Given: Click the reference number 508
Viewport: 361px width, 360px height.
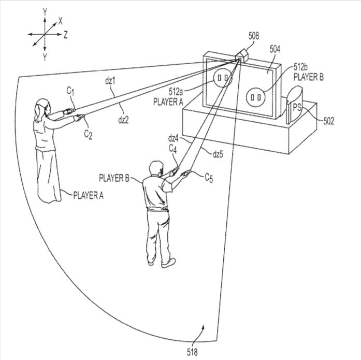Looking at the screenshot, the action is [x=253, y=36].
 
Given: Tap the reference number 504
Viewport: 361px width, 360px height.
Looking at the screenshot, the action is [x=275, y=49].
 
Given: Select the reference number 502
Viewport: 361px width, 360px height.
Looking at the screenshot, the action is [x=328, y=121].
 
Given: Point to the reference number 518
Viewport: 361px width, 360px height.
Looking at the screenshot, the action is [x=192, y=352].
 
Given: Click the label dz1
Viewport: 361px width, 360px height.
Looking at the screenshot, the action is [x=110, y=81].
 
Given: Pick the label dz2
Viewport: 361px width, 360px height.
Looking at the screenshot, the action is [x=123, y=120].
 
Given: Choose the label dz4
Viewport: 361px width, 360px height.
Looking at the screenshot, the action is [x=173, y=139].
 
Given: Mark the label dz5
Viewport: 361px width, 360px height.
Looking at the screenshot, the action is [x=218, y=154].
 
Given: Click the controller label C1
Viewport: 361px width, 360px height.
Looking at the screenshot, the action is [x=70, y=91].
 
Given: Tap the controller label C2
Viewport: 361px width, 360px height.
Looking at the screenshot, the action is [x=88, y=135].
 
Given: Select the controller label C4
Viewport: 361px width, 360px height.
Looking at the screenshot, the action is [x=172, y=149].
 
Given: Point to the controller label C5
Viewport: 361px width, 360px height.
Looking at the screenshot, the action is [x=209, y=178].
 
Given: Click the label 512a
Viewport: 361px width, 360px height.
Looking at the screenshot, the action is [x=176, y=92].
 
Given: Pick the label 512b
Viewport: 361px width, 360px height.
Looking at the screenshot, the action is [x=301, y=67].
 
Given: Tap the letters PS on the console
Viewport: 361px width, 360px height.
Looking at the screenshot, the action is [x=297, y=107].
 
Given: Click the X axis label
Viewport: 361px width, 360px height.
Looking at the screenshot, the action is [x=60, y=21].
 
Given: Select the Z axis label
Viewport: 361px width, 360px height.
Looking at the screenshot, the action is [x=65, y=35].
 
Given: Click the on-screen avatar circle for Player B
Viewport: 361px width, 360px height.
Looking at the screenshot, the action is [x=256, y=97].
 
